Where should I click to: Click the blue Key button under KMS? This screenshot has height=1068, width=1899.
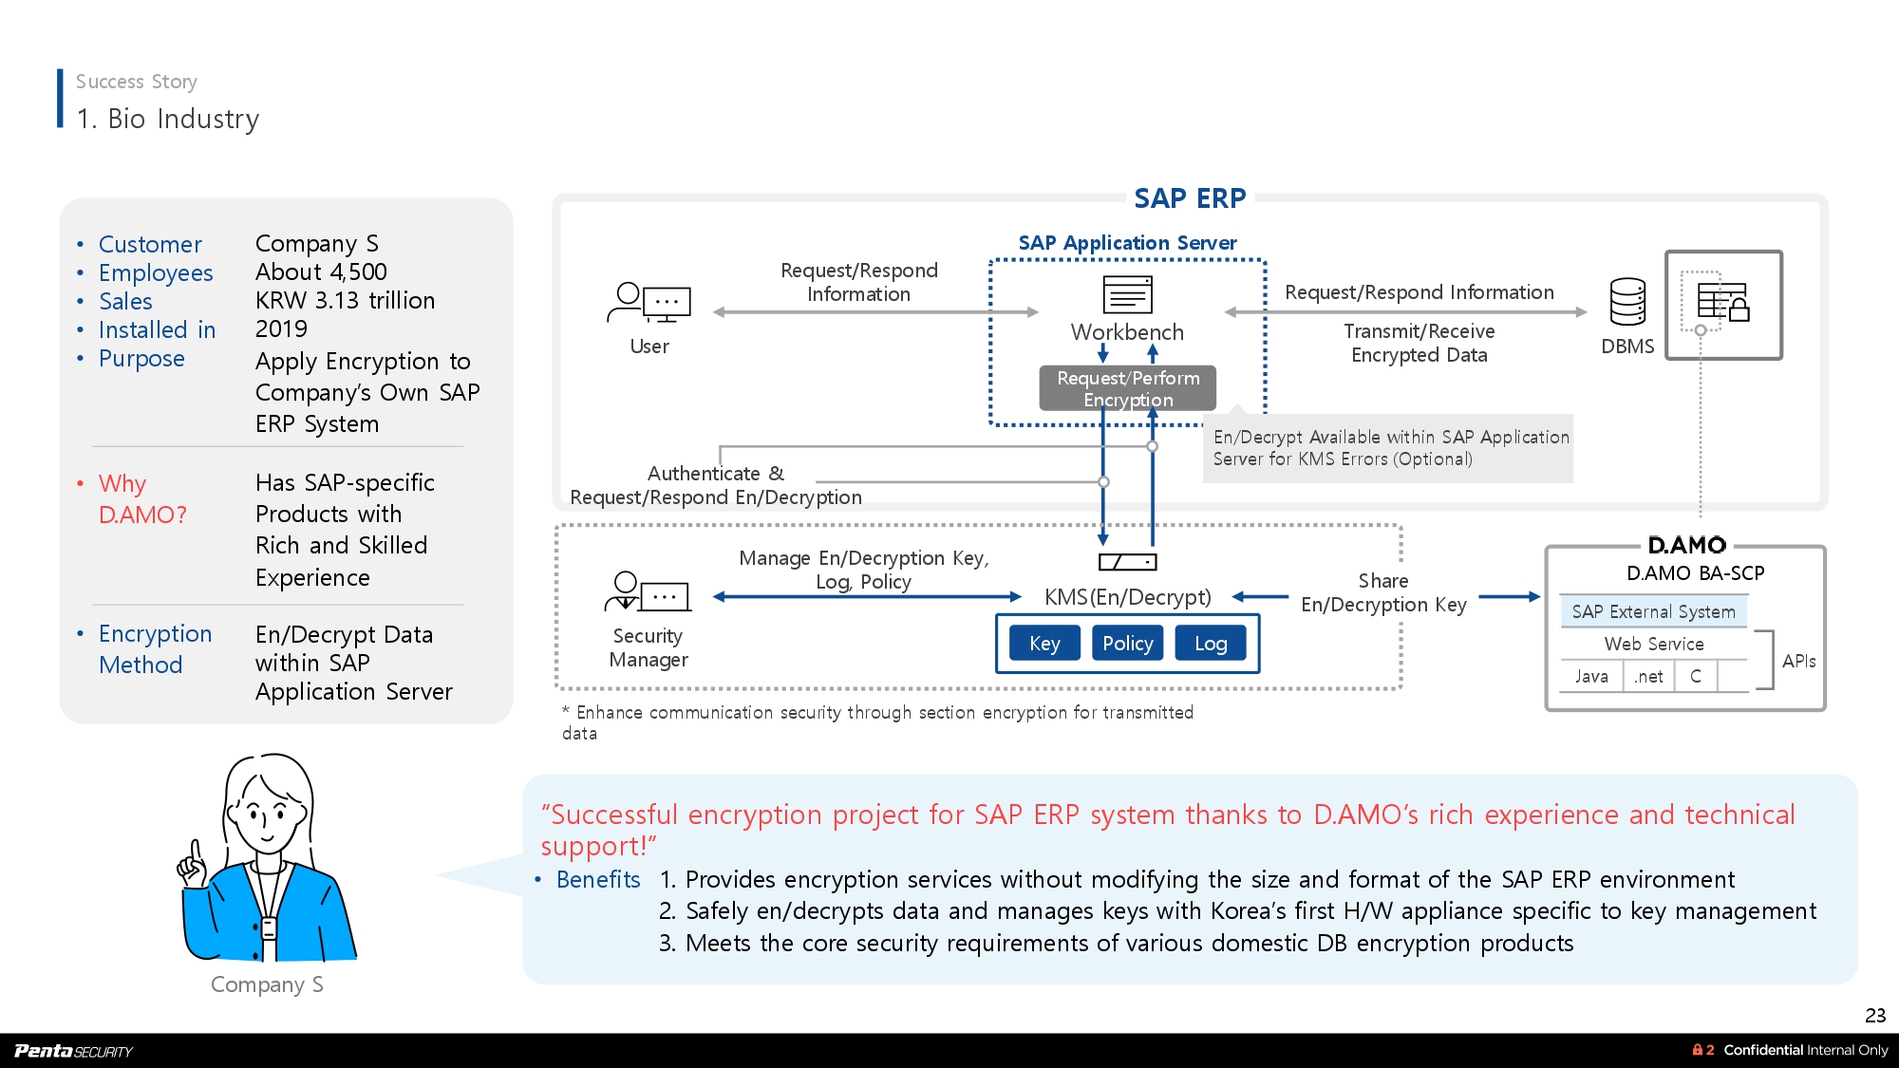tap(1044, 644)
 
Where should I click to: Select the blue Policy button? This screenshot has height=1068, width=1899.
tap(1127, 644)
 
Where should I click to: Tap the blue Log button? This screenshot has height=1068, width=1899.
tap(1211, 644)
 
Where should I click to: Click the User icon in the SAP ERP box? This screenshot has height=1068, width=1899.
tap(649, 304)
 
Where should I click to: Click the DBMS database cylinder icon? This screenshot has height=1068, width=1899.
tap(1627, 302)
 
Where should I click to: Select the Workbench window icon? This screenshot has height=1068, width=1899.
tap(1127, 294)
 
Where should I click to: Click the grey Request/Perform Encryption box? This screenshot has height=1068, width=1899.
tap(1127, 388)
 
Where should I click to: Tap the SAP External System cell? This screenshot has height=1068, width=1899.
tap(1653, 611)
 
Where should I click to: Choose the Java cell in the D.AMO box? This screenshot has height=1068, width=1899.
tap(1591, 676)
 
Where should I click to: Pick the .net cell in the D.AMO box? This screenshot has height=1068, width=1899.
tap(1648, 676)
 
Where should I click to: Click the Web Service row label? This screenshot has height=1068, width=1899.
tap(1653, 644)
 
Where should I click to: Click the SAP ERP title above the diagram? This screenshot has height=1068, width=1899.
tap(1190, 198)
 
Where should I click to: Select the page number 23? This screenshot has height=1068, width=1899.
tap(1875, 1015)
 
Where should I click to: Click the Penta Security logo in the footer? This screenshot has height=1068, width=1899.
tap(74, 1050)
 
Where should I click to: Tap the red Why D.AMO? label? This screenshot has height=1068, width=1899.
tap(142, 498)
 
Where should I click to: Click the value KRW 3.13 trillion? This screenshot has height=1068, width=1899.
tap(345, 301)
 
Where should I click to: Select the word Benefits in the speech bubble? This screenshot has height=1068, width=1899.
tap(598, 880)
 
